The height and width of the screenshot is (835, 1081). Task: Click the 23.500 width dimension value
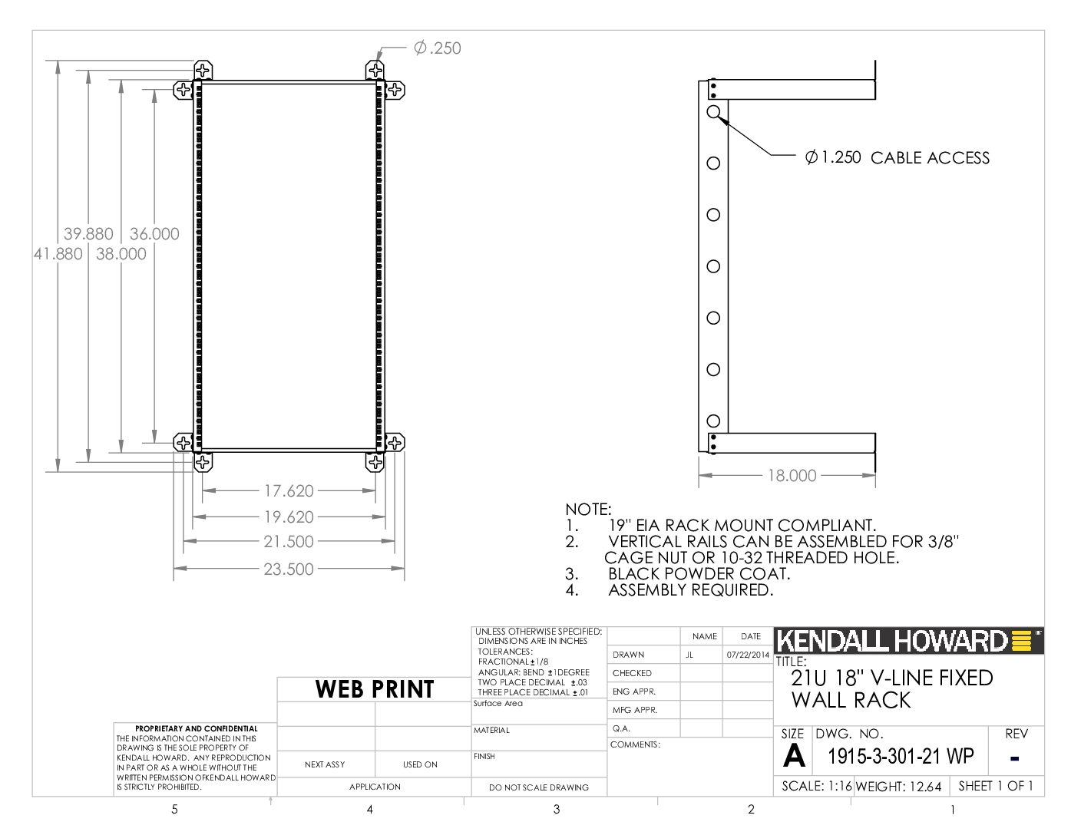(289, 569)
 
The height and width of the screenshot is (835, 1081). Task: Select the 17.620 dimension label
(289, 491)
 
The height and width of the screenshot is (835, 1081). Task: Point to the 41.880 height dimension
(58, 254)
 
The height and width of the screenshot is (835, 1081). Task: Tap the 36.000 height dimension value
(154, 234)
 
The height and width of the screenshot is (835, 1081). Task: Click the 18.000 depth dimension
(792, 475)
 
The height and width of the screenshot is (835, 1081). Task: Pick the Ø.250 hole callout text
(438, 48)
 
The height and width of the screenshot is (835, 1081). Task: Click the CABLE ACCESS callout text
(930, 157)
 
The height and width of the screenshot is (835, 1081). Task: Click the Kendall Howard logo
(908, 641)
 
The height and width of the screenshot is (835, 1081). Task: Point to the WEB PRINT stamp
(375, 689)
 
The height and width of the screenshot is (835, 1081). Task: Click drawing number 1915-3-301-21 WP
(901, 756)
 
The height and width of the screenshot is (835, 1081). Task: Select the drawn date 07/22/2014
(748, 655)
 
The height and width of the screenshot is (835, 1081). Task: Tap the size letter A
(794, 755)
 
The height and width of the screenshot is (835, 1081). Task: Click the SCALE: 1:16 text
(817, 786)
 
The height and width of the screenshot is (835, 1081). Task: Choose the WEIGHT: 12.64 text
(898, 787)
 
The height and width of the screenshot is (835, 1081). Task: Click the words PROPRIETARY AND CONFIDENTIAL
(197, 728)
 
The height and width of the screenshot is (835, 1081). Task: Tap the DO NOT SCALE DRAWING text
(539, 787)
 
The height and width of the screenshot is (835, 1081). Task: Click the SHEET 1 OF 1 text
(996, 786)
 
